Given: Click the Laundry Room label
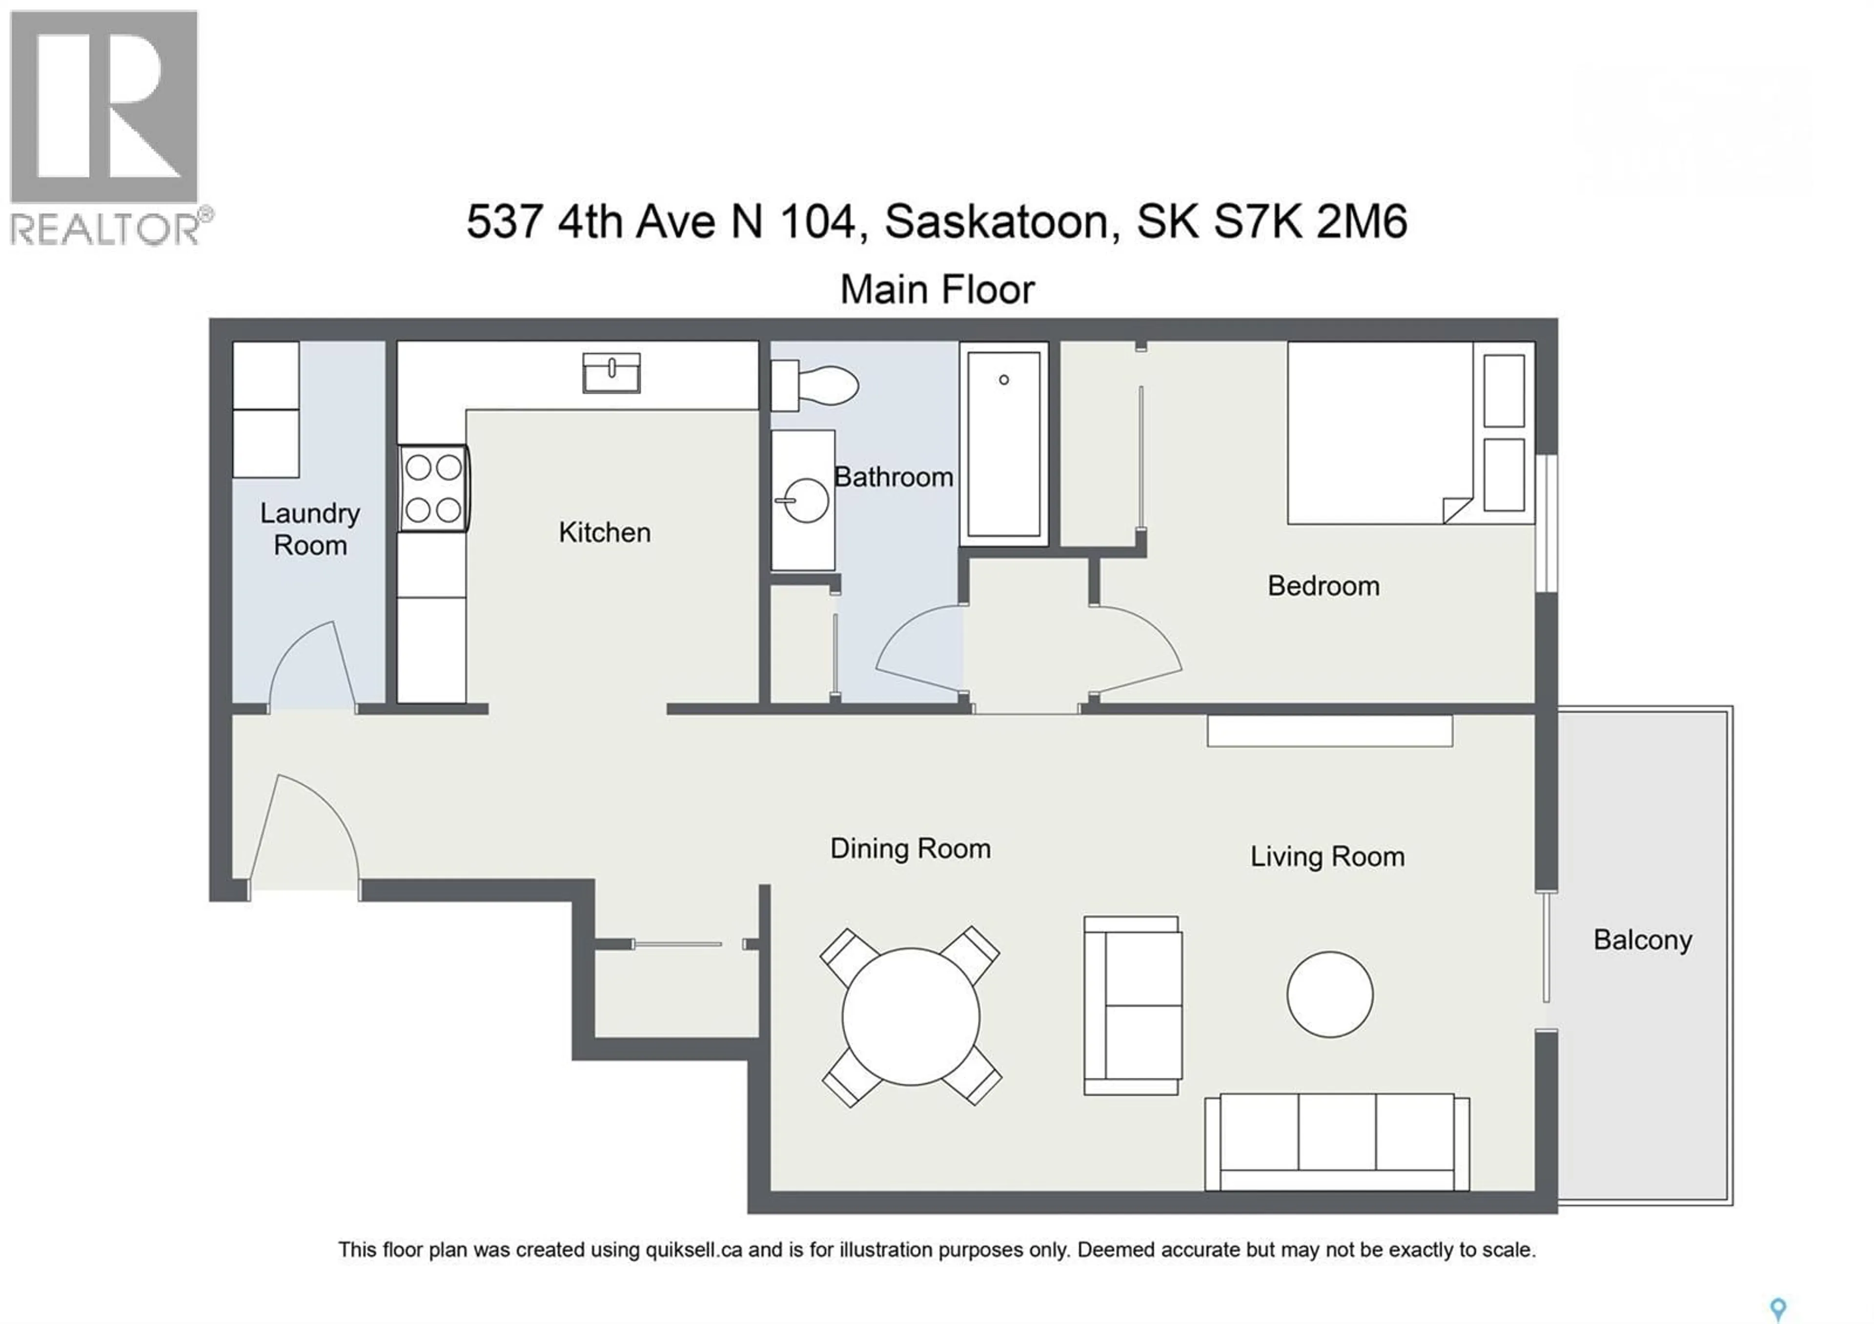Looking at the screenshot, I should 310,529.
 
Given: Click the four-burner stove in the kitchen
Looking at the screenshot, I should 433,488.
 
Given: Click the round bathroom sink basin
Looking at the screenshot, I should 806,499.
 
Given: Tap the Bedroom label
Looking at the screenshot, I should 1323,586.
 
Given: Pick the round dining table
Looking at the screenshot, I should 910,1016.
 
